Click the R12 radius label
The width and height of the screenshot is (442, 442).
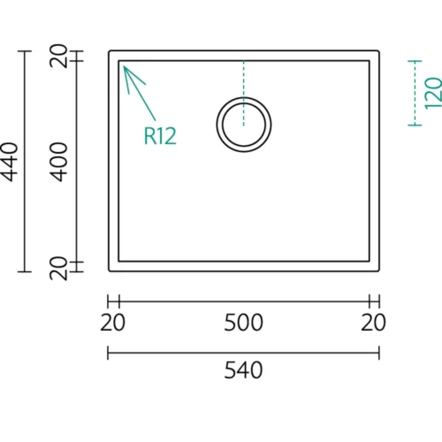(160, 136)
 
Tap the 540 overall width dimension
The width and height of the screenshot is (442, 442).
(243, 370)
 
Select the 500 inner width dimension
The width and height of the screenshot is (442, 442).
(243, 323)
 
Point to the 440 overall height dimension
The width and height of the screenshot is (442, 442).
(10, 162)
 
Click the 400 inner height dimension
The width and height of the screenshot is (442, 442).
(57, 162)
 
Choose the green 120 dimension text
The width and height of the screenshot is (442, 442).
(433, 93)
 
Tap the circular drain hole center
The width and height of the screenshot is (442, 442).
(244, 125)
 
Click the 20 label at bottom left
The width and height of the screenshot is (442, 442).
(112, 323)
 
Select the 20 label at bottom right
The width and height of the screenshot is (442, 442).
(373, 323)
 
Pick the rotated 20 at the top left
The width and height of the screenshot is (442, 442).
(58, 56)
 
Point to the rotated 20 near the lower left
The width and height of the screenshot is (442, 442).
(58, 268)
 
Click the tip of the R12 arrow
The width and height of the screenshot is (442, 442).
(124, 66)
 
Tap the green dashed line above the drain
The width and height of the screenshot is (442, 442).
(244, 93)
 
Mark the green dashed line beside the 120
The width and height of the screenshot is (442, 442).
(415, 93)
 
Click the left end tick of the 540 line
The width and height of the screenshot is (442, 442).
(108, 353)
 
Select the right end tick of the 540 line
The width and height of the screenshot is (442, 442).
(379, 353)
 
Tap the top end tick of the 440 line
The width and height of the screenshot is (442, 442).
(25, 51)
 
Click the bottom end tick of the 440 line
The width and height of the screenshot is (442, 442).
(25, 271)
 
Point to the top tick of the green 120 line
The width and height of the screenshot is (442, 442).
(415, 61)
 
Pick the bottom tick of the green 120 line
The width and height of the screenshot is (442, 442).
(415, 126)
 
